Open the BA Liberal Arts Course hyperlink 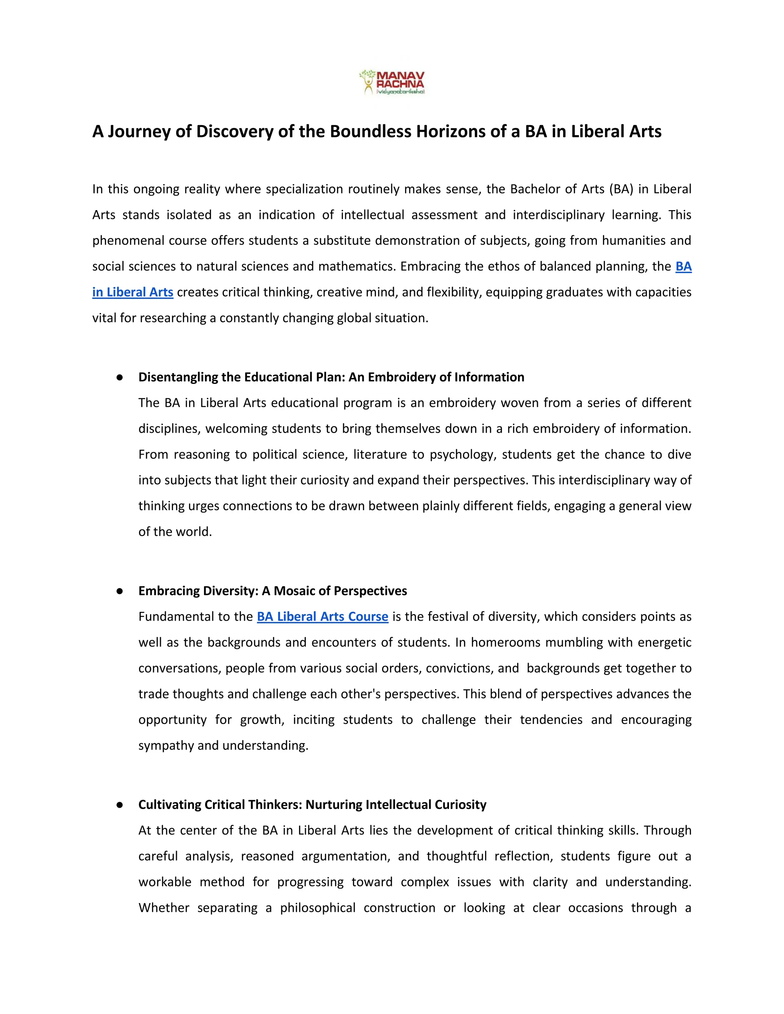tap(322, 616)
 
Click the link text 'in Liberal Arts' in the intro tap(133, 292)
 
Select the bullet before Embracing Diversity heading tap(119, 591)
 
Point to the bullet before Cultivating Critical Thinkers tap(119, 805)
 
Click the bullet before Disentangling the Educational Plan tap(119, 377)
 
